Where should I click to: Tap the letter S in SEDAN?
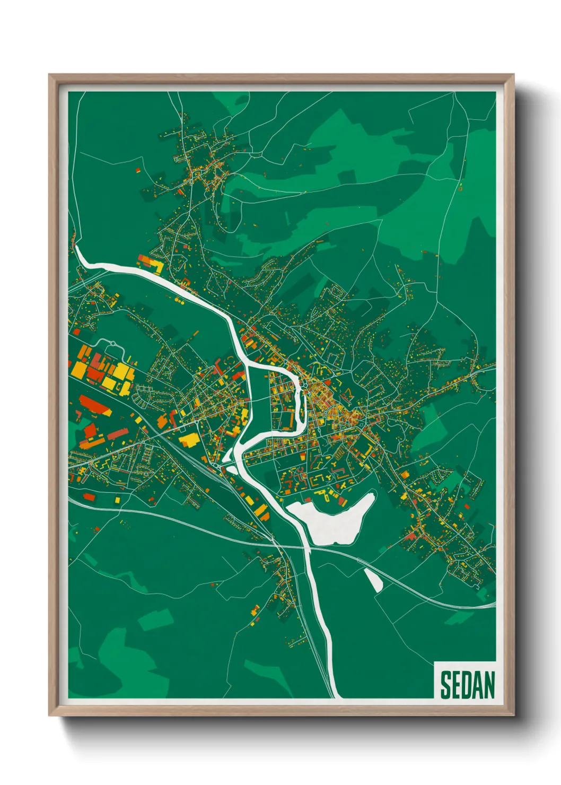445,685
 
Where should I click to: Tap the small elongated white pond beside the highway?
373,580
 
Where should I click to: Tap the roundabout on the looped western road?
113,345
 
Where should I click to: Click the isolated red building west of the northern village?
137,171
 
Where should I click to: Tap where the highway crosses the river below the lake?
306,548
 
